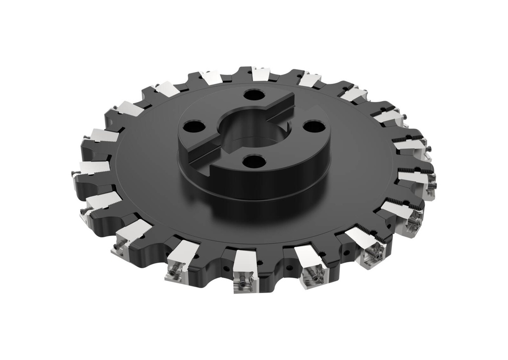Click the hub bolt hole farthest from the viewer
point(254,95)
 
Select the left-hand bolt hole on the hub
point(194,127)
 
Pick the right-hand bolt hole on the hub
point(314,126)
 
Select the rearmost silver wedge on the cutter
point(260,74)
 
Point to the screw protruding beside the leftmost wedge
point(74,173)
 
